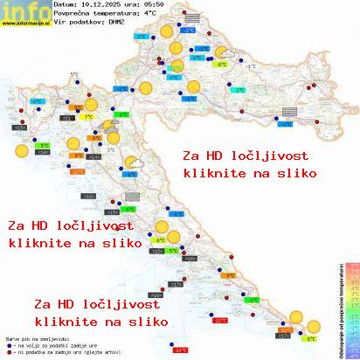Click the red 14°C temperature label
click(180, 350)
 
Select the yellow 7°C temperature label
click(88, 117)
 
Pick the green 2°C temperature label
click(239, 90)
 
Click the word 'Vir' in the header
click(60, 25)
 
